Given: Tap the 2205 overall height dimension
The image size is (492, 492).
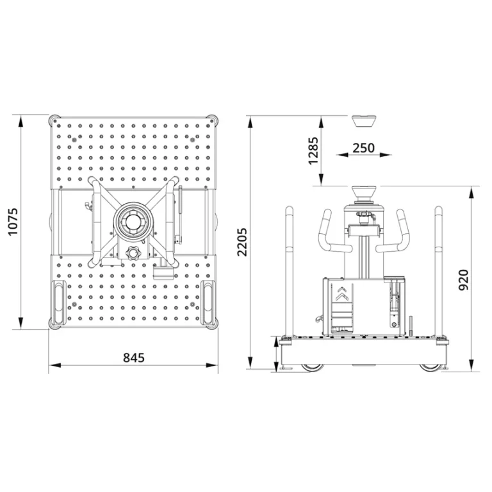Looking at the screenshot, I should (242, 242).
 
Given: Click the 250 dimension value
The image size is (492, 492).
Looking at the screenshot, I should (363, 148).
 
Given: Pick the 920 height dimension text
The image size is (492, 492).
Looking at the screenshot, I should (464, 280).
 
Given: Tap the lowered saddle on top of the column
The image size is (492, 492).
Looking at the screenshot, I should (363, 192).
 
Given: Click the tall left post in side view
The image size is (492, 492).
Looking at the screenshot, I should (289, 269).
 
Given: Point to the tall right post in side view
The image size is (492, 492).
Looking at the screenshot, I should (439, 269).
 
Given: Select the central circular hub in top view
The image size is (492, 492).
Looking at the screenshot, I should (133, 222).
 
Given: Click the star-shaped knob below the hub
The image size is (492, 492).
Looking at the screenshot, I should (133, 252).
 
